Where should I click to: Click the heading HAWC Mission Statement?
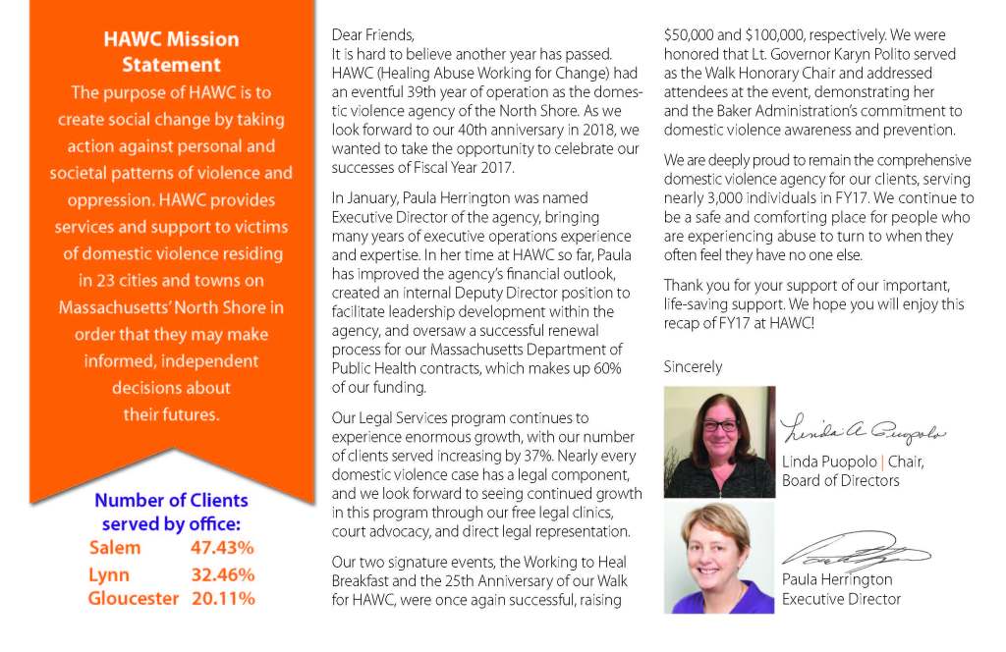(x=171, y=52)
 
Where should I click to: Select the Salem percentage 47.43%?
(x=222, y=548)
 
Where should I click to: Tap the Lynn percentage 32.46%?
(x=222, y=574)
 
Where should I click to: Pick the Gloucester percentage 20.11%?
(x=222, y=598)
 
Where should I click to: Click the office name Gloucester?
(x=134, y=598)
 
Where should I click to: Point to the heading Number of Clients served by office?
(x=171, y=512)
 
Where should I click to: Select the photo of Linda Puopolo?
(x=719, y=442)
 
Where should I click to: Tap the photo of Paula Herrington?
(x=719, y=558)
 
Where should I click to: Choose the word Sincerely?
(x=693, y=366)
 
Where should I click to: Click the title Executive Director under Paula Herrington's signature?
(x=841, y=598)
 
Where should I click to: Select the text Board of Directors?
(x=840, y=480)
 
